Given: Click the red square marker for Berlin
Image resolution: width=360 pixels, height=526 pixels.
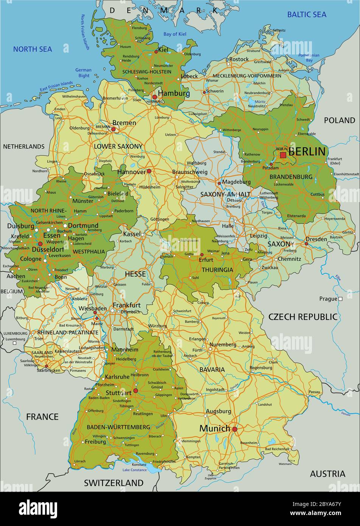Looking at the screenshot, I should pyautogui.click(x=283, y=155).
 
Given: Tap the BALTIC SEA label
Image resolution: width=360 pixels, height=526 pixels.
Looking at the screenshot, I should pyautogui.click(x=306, y=15).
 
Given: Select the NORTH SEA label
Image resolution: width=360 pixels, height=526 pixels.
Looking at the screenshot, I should pyautogui.click(x=33, y=49).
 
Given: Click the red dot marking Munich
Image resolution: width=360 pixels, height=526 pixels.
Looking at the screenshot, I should pyautogui.click(x=234, y=429).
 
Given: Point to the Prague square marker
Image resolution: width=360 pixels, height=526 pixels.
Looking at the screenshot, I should pyautogui.click(x=340, y=299).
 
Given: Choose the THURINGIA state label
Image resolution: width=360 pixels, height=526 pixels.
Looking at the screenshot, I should pyautogui.click(x=217, y=270).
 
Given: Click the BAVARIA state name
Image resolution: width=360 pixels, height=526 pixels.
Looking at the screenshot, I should pyautogui.click(x=212, y=369).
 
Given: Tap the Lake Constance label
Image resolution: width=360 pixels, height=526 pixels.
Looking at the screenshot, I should pyautogui.click(x=134, y=470).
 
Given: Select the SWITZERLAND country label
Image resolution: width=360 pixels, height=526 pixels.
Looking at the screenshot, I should pyautogui.click(x=113, y=483).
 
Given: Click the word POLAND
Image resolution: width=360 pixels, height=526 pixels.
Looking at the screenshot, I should pyautogui.click(x=339, y=120).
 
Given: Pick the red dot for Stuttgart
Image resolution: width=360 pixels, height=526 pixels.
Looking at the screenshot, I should pyautogui.click(x=135, y=391).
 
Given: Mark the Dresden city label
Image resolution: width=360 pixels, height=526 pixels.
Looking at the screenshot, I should pyautogui.click(x=316, y=239).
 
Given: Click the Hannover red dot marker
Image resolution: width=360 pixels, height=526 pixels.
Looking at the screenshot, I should pyautogui.click(x=149, y=171).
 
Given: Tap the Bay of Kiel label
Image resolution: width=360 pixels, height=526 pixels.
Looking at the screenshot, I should pyautogui.click(x=175, y=34).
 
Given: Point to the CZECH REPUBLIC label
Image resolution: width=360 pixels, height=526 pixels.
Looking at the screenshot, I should pyautogui.click(x=303, y=317).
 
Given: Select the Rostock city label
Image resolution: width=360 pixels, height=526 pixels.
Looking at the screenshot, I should pyautogui.click(x=239, y=59).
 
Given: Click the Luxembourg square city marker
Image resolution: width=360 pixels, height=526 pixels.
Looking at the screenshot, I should pyautogui.click(x=14, y=344).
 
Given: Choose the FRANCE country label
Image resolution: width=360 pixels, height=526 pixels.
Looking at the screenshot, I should pyautogui.click(x=42, y=417).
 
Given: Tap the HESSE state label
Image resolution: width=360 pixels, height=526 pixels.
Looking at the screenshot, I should pyautogui.click(x=135, y=274).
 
